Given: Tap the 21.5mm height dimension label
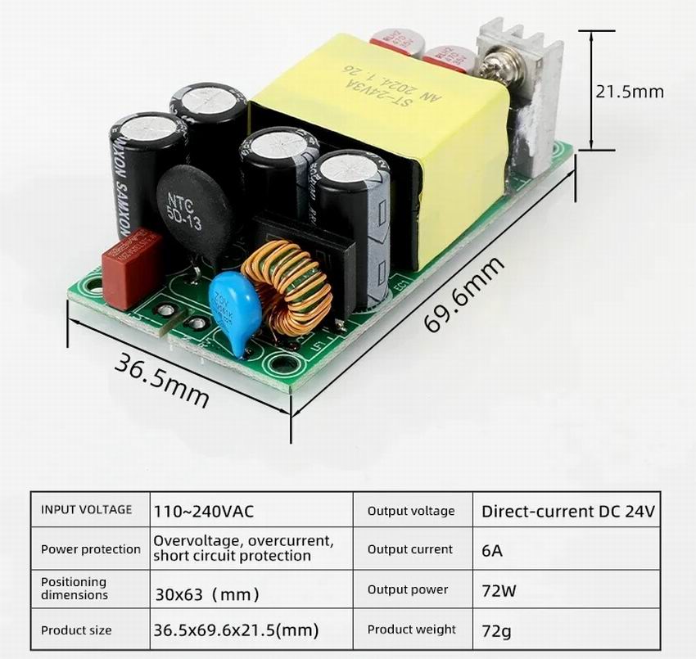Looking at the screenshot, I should point(629,91).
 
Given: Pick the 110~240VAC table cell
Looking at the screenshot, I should point(203,512).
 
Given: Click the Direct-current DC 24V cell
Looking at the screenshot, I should point(568,512).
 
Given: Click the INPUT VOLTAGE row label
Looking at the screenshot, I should point(86,510).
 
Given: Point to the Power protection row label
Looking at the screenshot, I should point(90,549).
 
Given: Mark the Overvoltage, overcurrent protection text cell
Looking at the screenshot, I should point(243,548).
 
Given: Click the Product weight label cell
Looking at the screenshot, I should point(411,630).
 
